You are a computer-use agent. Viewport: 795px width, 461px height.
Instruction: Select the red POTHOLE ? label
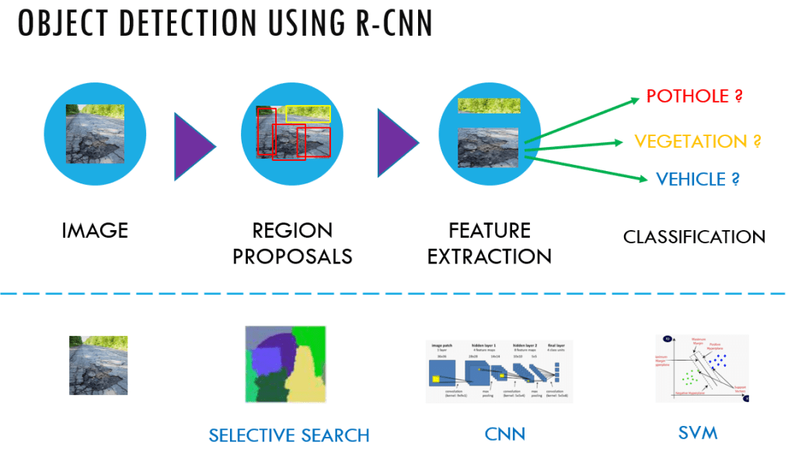(694, 97)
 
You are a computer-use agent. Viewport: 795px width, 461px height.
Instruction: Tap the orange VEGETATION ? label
(696, 141)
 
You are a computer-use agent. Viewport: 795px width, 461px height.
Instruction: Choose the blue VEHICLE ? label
(697, 180)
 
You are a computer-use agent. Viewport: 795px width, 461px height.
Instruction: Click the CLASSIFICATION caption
(694, 236)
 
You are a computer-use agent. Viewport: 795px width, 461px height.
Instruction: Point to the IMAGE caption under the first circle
(95, 230)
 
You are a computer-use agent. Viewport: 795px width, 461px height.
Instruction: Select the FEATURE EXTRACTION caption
(490, 243)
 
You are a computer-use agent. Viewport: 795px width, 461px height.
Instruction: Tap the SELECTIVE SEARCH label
(288, 435)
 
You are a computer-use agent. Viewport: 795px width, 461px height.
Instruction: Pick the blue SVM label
(696, 433)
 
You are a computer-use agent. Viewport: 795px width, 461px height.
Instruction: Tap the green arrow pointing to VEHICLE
(587, 168)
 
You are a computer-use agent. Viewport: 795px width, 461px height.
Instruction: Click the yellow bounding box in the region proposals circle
(309, 114)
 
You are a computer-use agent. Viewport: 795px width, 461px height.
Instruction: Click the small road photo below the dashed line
(98, 365)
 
